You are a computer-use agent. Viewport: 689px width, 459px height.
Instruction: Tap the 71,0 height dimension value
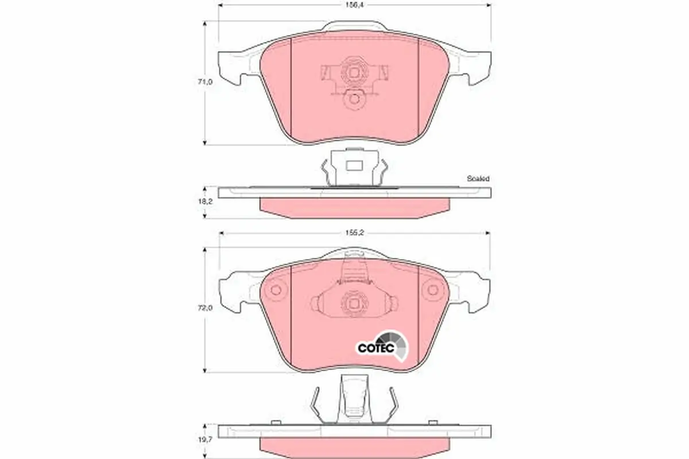[x=205, y=82]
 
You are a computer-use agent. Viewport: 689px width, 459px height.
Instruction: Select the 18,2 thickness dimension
[x=205, y=202]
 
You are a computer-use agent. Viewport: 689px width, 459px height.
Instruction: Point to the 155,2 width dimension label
[x=354, y=233]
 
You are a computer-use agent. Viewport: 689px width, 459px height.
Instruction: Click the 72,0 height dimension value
[x=205, y=308]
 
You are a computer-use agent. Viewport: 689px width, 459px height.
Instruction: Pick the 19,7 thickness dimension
[x=205, y=439]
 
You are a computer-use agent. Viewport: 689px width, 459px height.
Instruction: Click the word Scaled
[x=478, y=178]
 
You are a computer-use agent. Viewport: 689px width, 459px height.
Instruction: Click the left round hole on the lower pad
[x=276, y=290]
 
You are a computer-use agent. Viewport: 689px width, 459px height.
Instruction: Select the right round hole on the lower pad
[x=433, y=290]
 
